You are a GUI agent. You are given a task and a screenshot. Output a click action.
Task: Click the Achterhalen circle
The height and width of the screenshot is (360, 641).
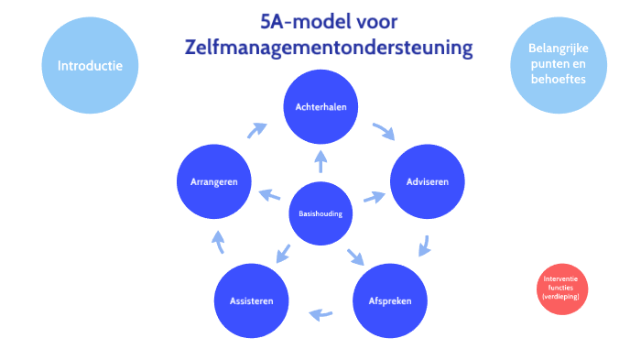pos(320,107)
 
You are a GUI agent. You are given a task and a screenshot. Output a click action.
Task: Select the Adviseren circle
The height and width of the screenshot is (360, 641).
pos(427,181)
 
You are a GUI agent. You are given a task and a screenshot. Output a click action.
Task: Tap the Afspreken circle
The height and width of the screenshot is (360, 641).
pos(389,300)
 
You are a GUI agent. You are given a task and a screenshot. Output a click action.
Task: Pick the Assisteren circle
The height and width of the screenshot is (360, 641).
pos(251,300)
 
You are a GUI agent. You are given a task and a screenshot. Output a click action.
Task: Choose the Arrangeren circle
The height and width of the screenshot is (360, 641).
pos(213,181)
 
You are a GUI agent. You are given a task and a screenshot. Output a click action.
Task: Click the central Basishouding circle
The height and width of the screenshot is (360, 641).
pos(320,213)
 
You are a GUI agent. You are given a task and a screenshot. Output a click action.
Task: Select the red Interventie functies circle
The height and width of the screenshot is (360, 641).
pos(560,289)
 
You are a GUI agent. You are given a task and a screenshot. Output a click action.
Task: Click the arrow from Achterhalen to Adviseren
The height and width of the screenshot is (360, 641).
pos(383,131)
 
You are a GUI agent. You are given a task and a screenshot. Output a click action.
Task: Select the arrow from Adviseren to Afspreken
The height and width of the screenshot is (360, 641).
pos(423,245)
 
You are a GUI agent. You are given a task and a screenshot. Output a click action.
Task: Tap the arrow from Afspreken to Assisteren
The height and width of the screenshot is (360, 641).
pos(320,314)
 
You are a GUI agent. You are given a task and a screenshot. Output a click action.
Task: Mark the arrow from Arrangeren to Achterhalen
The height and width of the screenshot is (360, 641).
pos(257,131)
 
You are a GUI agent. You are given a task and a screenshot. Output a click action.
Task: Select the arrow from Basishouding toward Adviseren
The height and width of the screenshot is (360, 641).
pos(372,197)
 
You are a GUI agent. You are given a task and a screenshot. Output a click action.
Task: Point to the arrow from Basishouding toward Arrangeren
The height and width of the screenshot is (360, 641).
pos(269,194)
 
